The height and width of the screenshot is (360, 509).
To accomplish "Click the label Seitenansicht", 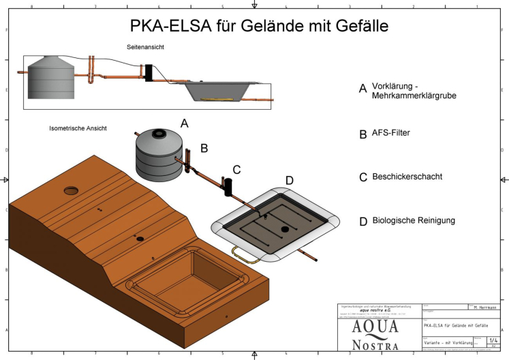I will point(145,46).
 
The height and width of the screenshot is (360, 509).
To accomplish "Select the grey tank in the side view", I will point(48,78).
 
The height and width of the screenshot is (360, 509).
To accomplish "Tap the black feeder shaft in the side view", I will point(147,72).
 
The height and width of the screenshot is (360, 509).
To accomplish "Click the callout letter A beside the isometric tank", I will point(183,123).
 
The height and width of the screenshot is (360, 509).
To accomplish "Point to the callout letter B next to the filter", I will point(203,147).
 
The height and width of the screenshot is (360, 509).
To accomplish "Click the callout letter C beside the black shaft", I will point(236,169).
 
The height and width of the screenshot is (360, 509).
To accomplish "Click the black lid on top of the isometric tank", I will point(160,133).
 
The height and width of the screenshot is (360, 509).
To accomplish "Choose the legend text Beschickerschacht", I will point(407,177).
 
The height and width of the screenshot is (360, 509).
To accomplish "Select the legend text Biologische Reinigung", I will point(414,221).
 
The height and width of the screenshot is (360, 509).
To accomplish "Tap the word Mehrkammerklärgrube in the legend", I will point(414,96).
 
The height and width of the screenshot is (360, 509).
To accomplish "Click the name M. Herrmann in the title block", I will point(484,307).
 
